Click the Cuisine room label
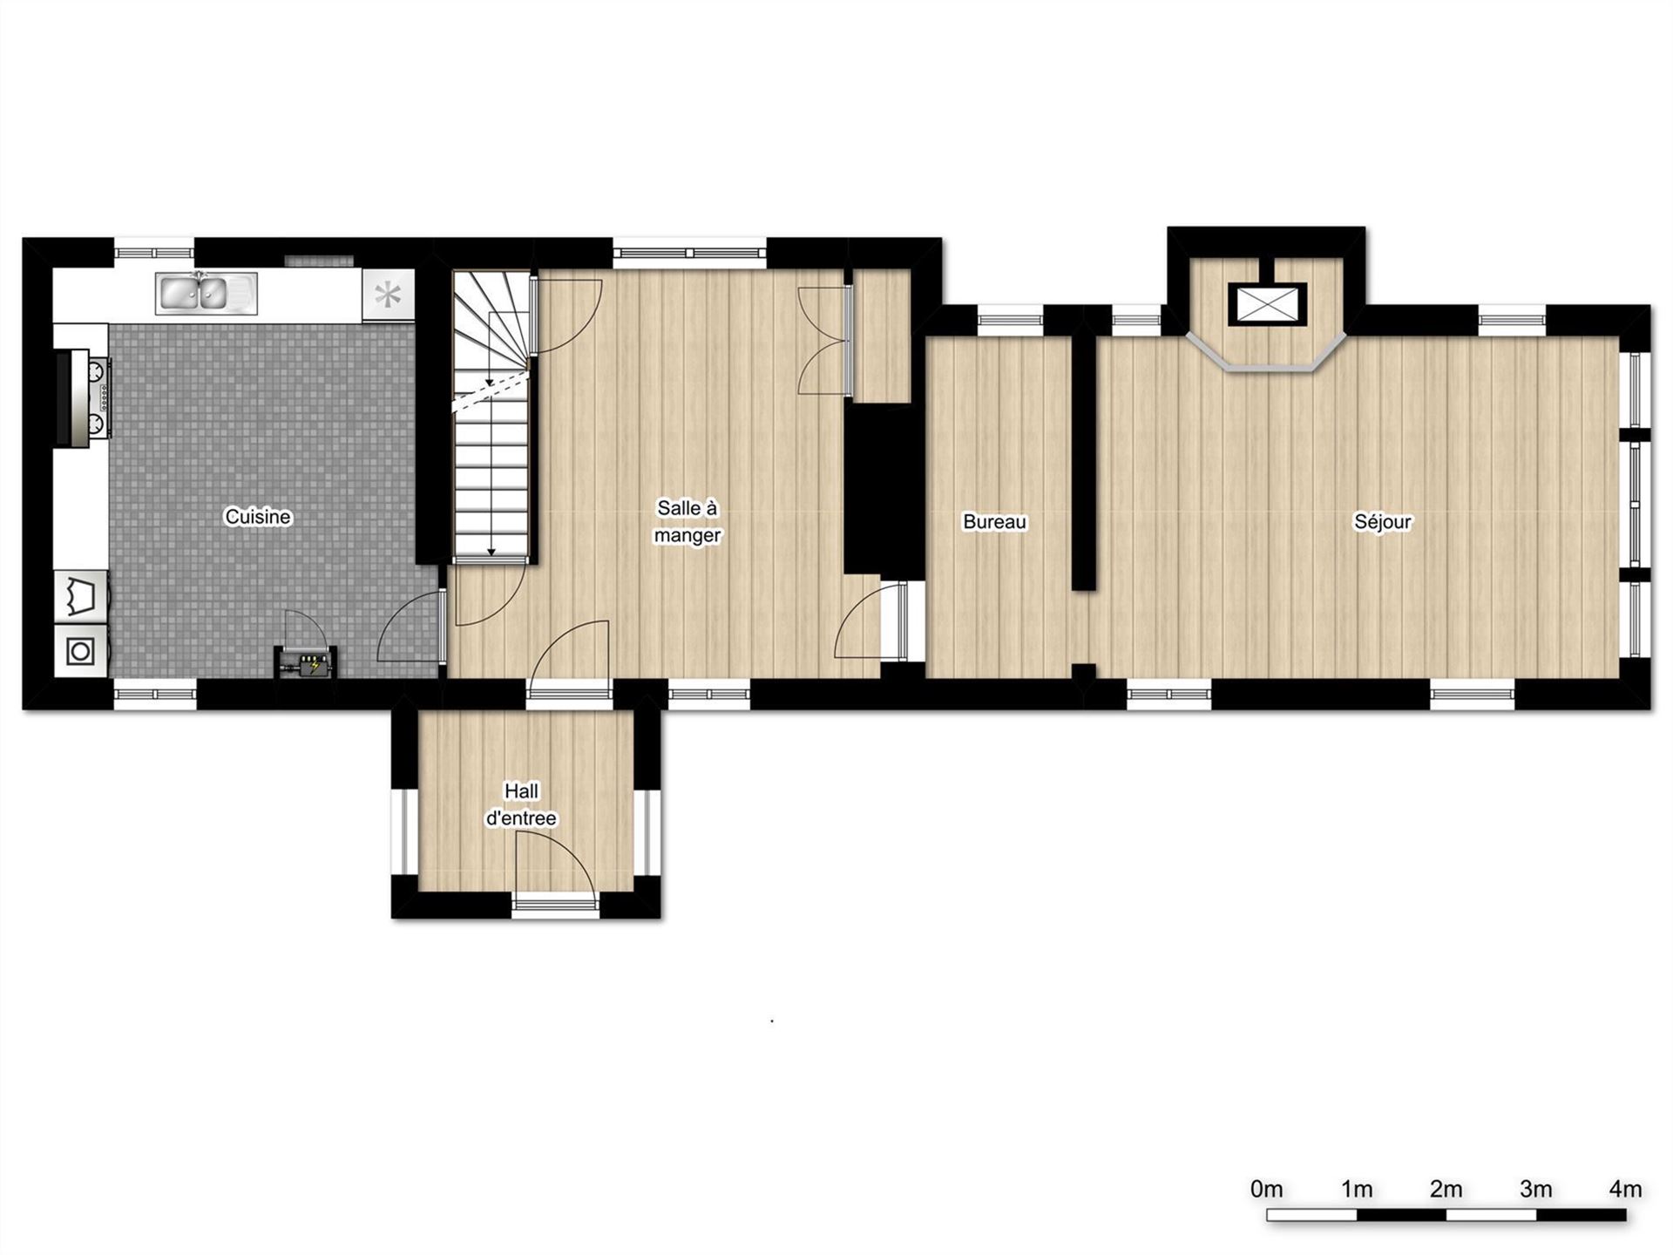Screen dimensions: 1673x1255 pos(258,517)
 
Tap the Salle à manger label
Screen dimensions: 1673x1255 pos(687,521)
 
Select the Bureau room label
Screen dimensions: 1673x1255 pos(994,521)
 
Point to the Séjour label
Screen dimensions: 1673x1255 pos(1382,521)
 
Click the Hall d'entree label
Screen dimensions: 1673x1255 pos(521,804)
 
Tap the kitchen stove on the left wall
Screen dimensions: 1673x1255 pos(85,398)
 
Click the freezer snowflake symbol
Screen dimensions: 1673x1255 pos(388,295)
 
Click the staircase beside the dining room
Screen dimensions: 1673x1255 pos(491,414)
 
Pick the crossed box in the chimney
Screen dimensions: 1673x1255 pos(1268,304)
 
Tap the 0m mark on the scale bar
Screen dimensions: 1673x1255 pos(1266,1189)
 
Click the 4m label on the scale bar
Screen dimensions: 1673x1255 pos(1625,1189)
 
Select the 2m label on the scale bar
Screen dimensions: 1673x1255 pos(1446,1189)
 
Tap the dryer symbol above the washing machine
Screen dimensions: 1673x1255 pos(81,596)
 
